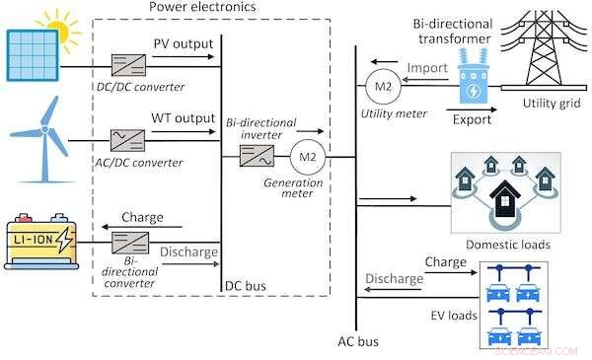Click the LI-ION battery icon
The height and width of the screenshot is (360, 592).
pos(40,241)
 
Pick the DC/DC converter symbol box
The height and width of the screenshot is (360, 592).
pos(129,65)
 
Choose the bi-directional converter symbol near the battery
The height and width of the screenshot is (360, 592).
pos(129,240)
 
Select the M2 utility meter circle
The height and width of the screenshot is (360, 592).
pos(380,87)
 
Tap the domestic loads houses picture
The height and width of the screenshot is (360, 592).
pos(504,193)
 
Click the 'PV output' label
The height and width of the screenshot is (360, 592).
pos(183,43)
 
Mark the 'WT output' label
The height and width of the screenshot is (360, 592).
pos(183,118)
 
